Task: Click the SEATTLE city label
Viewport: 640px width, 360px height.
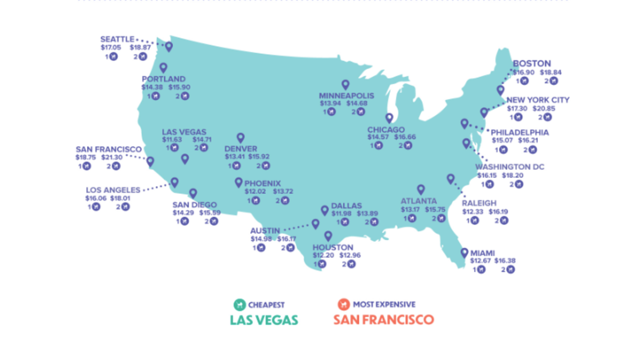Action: (117, 39)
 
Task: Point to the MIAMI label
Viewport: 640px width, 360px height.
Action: (483, 253)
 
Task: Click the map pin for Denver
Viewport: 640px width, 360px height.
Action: (241, 138)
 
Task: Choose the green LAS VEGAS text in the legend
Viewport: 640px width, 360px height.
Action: (263, 320)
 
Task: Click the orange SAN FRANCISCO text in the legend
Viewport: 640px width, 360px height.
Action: (383, 320)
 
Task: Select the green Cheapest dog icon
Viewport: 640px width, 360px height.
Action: (239, 305)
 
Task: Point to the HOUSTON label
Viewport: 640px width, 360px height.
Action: (333, 247)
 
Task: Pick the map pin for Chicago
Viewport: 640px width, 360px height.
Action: (389, 118)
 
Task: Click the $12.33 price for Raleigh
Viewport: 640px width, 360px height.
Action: (473, 212)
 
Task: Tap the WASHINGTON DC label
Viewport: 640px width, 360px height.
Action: (510, 167)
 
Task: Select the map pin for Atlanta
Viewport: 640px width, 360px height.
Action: (420, 189)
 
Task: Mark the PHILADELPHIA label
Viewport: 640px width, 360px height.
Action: (519, 132)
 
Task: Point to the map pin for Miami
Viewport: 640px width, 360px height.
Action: (464, 253)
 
